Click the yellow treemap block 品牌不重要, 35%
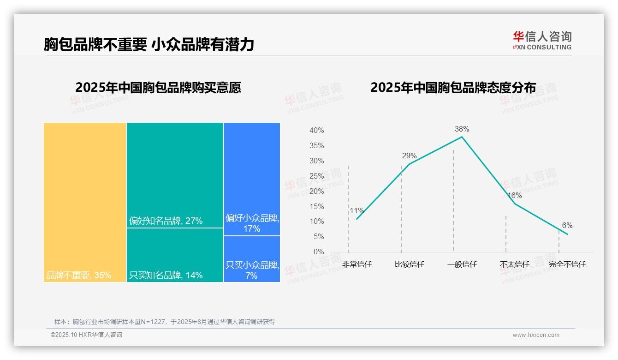click(85, 202)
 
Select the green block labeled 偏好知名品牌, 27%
click(175, 175)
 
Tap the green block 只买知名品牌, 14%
click(175, 255)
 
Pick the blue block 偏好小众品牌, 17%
click(252, 179)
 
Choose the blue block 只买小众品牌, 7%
click(252, 259)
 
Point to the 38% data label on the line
click(462, 129)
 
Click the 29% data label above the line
click(409, 156)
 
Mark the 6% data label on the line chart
click(567, 226)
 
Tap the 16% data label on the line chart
click(514, 195)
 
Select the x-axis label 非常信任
click(357, 264)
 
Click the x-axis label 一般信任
click(462, 264)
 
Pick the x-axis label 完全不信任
click(567, 264)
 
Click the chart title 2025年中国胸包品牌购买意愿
click(158, 88)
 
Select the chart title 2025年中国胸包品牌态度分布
click(453, 88)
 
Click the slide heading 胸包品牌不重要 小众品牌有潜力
click(149, 44)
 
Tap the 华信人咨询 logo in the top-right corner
click(542, 40)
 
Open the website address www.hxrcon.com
click(536, 335)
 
